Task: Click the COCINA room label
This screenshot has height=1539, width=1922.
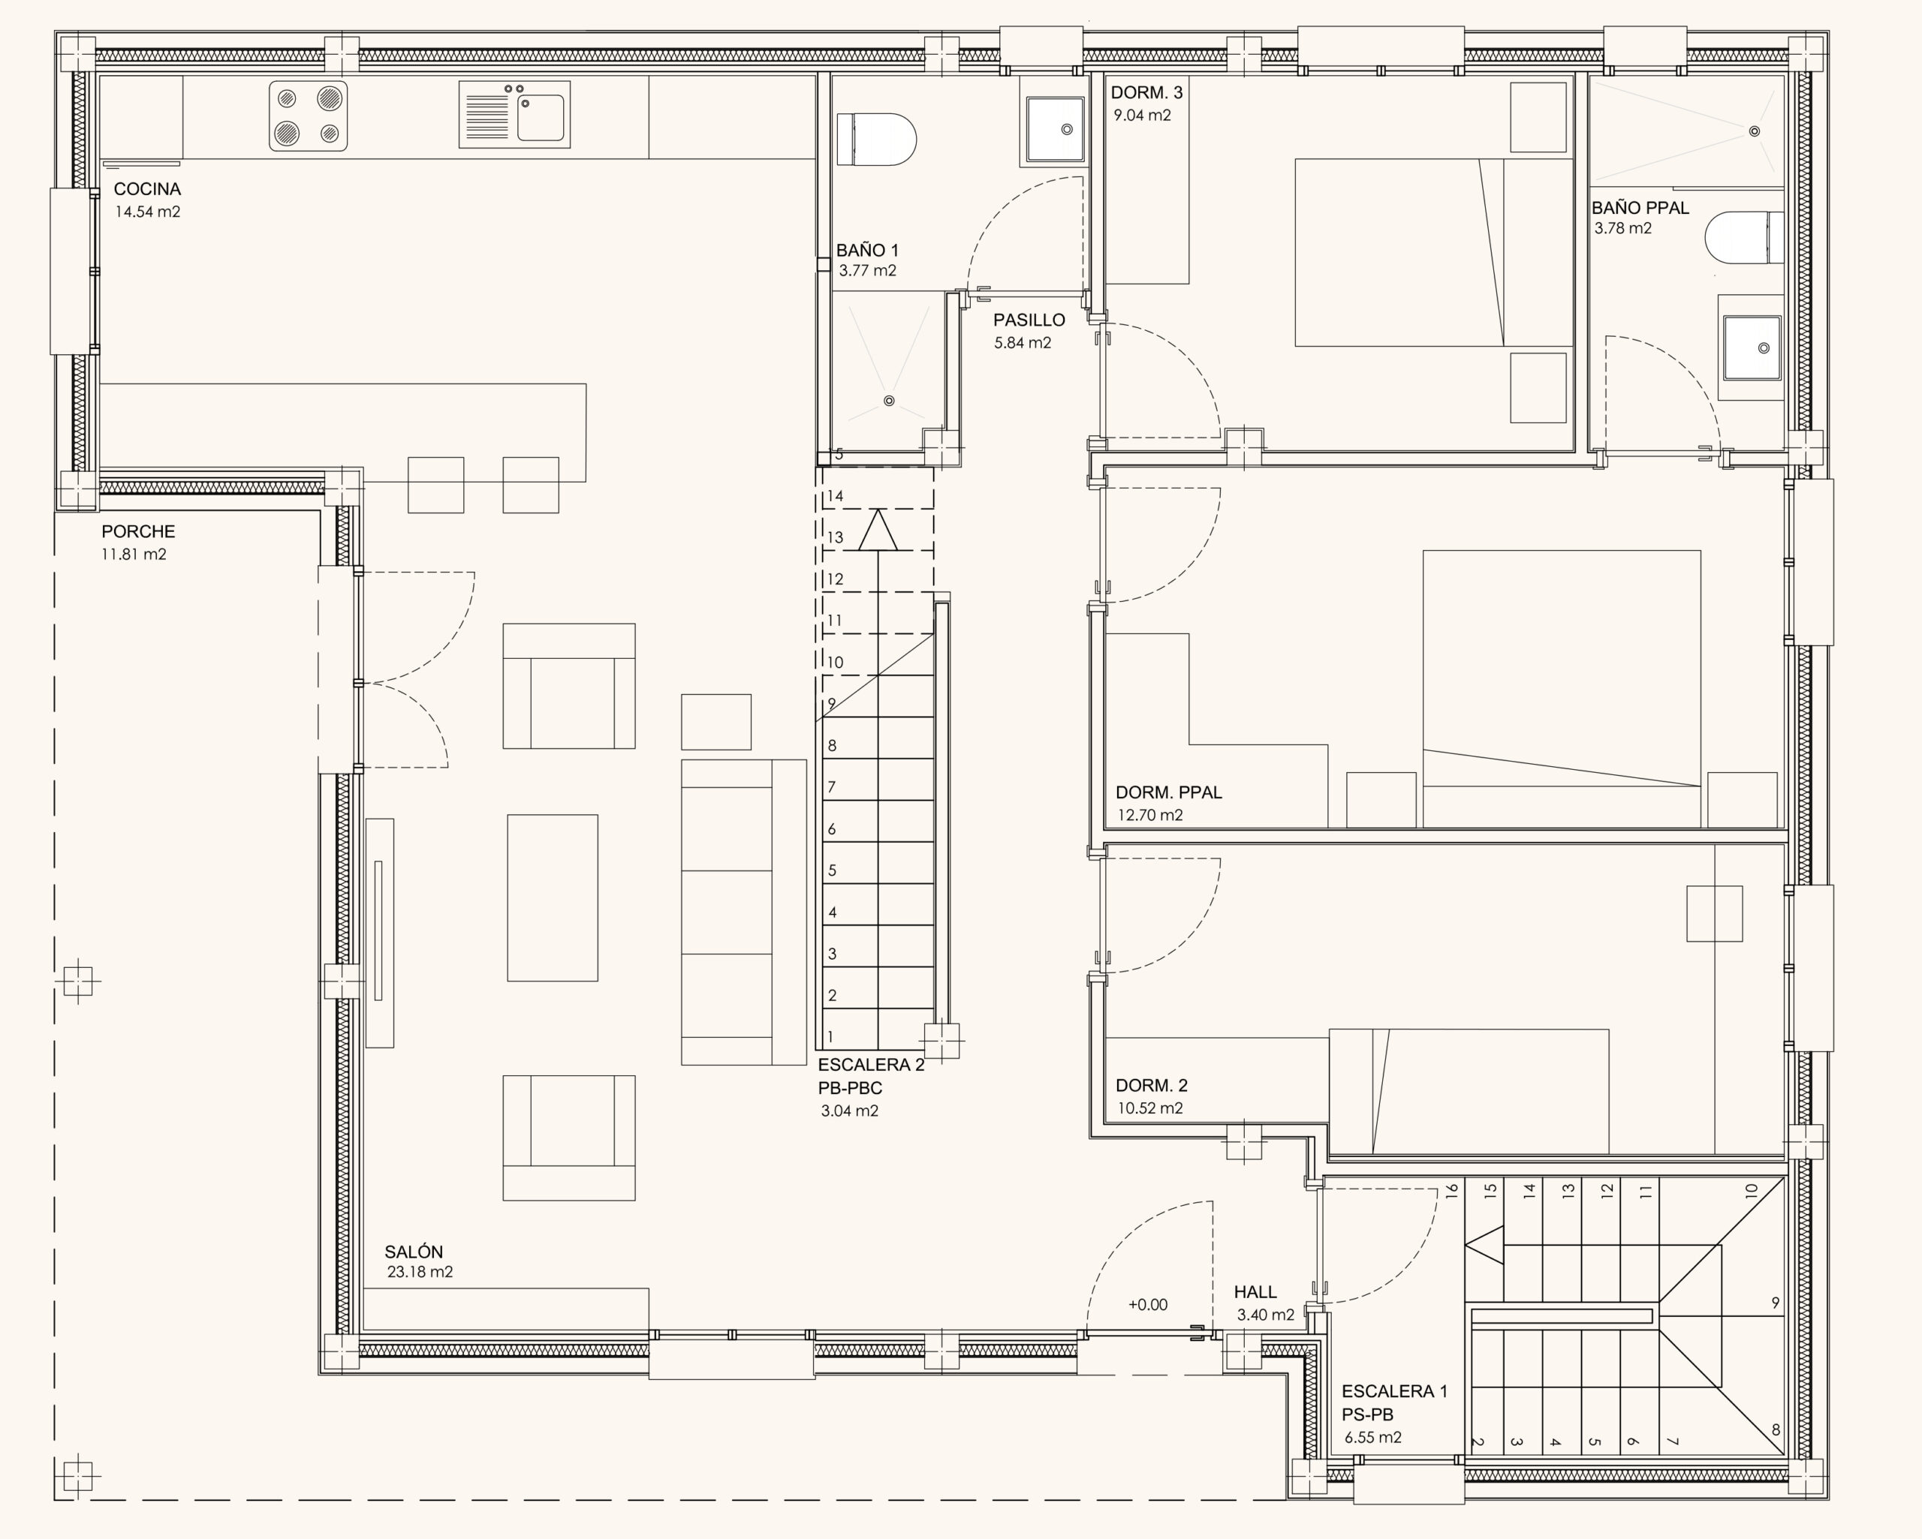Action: [147, 189]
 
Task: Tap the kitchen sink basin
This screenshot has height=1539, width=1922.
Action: [541, 118]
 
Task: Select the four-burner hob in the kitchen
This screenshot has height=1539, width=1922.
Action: [309, 116]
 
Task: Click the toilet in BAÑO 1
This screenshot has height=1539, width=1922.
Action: [876, 139]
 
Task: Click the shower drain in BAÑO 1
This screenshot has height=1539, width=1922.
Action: [889, 401]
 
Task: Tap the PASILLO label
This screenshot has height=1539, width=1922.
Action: [1029, 320]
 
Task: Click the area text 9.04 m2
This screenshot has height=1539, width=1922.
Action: [1142, 115]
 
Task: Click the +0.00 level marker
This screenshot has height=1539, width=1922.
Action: [1147, 1305]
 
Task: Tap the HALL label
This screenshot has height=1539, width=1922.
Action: [1255, 1292]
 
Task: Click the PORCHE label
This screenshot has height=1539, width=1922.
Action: [138, 531]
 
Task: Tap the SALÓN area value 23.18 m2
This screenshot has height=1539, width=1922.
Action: [420, 1272]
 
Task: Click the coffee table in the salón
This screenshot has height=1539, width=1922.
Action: [553, 897]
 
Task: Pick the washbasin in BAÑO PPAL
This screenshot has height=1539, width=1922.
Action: [1751, 347]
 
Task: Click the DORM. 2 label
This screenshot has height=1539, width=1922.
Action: [1152, 1086]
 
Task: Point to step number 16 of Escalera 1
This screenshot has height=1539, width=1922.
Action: [1451, 1189]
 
